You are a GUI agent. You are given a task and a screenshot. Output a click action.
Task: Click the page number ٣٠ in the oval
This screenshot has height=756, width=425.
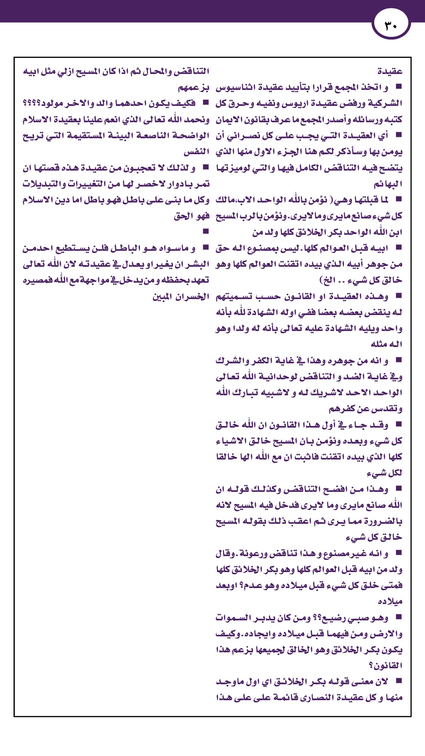point(391,26)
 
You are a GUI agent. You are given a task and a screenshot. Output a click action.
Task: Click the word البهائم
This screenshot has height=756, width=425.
point(388,184)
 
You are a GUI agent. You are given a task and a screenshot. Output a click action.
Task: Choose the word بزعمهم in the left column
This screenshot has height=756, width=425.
point(194,88)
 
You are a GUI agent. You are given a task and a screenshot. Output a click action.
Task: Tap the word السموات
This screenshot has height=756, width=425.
point(233,618)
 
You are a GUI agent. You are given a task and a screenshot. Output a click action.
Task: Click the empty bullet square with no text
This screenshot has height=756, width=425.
point(206,231)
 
